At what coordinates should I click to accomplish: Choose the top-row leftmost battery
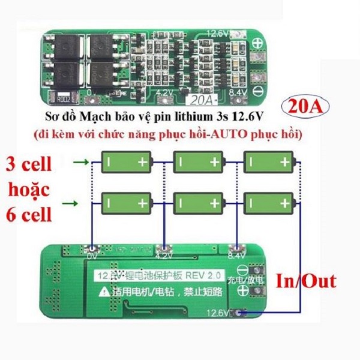point(127,161)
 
